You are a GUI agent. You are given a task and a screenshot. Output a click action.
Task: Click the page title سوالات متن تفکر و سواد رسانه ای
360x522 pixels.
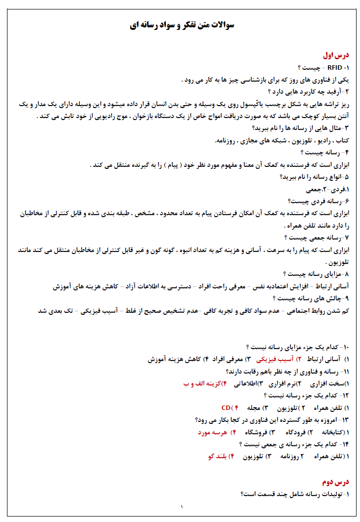(x=181, y=25)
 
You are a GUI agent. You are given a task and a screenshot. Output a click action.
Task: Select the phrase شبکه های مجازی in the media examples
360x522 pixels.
(x=259, y=141)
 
